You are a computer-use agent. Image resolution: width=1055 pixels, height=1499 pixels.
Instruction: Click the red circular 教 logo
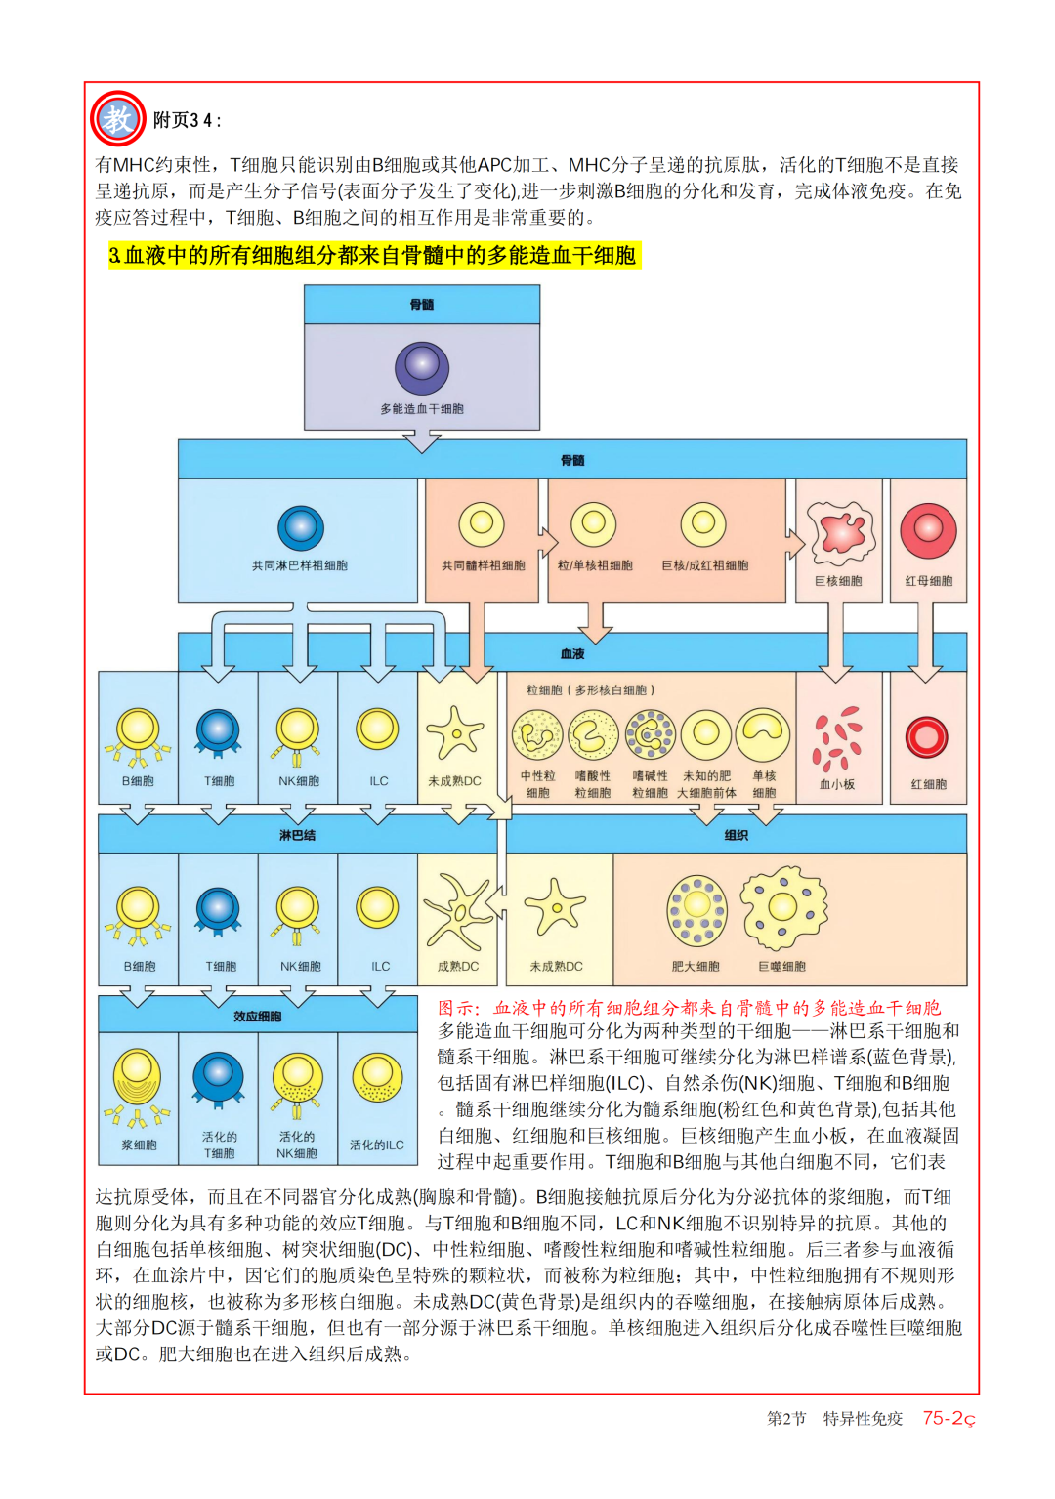[117, 119]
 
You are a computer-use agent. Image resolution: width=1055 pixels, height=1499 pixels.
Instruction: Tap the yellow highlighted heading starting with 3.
[374, 256]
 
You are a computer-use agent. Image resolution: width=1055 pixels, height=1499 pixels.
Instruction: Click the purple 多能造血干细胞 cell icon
[422, 368]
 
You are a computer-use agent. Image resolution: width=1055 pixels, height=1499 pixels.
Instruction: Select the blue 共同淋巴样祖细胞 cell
[300, 528]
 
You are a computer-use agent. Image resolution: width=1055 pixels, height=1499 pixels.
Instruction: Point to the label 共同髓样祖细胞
[483, 565]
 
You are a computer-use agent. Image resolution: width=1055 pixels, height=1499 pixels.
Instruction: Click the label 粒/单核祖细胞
[595, 565]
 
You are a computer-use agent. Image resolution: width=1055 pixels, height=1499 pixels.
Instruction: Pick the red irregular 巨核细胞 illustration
[840, 532]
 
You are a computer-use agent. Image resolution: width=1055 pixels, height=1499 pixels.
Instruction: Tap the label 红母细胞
[928, 581]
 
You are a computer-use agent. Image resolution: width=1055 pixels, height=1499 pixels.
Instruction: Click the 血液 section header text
[572, 654]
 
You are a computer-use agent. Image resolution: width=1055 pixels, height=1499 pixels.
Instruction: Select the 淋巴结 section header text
[297, 836]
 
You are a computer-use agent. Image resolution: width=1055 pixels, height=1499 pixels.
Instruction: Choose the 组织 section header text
[737, 836]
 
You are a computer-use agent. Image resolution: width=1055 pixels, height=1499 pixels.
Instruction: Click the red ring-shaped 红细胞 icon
[927, 736]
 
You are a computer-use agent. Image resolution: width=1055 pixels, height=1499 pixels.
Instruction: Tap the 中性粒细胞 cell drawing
[537, 735]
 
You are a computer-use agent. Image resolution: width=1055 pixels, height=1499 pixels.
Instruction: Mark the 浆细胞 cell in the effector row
[138, 1083]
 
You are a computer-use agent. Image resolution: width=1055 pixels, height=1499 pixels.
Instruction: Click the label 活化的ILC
[377, 1145]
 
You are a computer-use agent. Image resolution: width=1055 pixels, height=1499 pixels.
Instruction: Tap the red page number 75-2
[949, 1418]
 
